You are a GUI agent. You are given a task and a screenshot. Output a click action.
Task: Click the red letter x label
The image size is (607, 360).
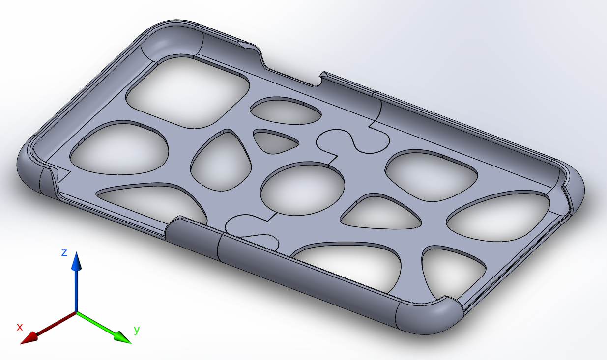click(x=20, y=327)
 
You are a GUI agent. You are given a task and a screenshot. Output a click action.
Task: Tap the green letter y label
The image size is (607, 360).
click(x=137, y=330)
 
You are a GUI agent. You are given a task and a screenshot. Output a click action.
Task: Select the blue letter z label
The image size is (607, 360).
click(x=64, y=252)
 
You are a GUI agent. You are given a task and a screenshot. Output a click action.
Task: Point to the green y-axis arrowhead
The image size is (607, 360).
click(x=122, y=337)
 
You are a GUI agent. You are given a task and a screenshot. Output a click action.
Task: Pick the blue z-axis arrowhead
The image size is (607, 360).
click(x=76, y=261)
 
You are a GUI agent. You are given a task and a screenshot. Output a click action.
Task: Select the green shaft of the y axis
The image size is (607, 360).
click(x=96, y=324)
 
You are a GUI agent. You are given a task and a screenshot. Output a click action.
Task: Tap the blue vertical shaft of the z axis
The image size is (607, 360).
click(x=76, y=290)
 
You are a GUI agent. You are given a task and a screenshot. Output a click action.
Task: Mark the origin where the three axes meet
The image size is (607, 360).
click(x=76, y=312)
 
